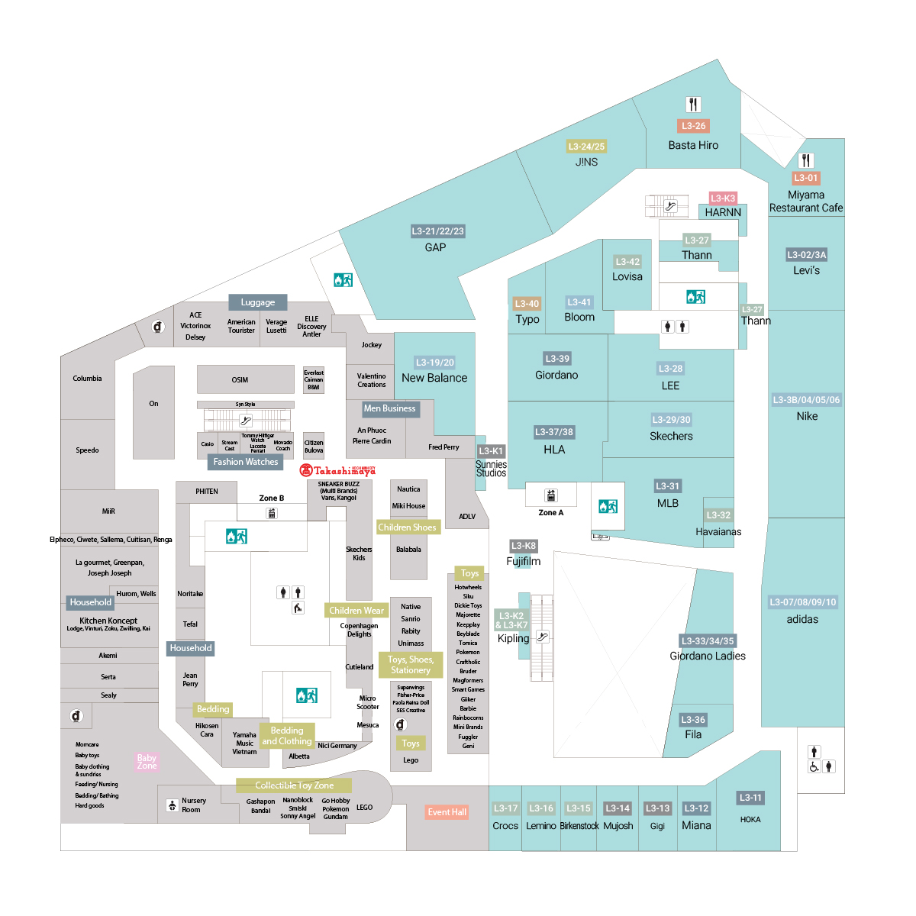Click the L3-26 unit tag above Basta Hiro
click(x=693, y=126)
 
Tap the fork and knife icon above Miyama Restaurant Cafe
click(x=806, y=160)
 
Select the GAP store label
click(x=435, y=247)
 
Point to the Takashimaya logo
click(x=337, y=471)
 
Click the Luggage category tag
click(x=258, y=302)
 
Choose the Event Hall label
click(x=447, y=812)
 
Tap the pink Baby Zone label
click(x=147, y=761)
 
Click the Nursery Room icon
click(x=173, y=805)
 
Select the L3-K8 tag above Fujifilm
click(x=524, y=546)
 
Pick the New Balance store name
click(x=434, y=378)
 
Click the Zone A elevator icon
click(x=551, y=495)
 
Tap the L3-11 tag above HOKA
click(x=750, y=798)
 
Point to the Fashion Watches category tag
click(x=245, y=462)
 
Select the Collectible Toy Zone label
click(x=294, y=785)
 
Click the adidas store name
click(x=802, y=619)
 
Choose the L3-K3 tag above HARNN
click(x=723, y=198)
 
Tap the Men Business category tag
click(x=389, y=408)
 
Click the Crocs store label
click(x=505, y=826)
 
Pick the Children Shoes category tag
click(x=407, y=527)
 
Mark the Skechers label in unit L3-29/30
click(x=671, y=437)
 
